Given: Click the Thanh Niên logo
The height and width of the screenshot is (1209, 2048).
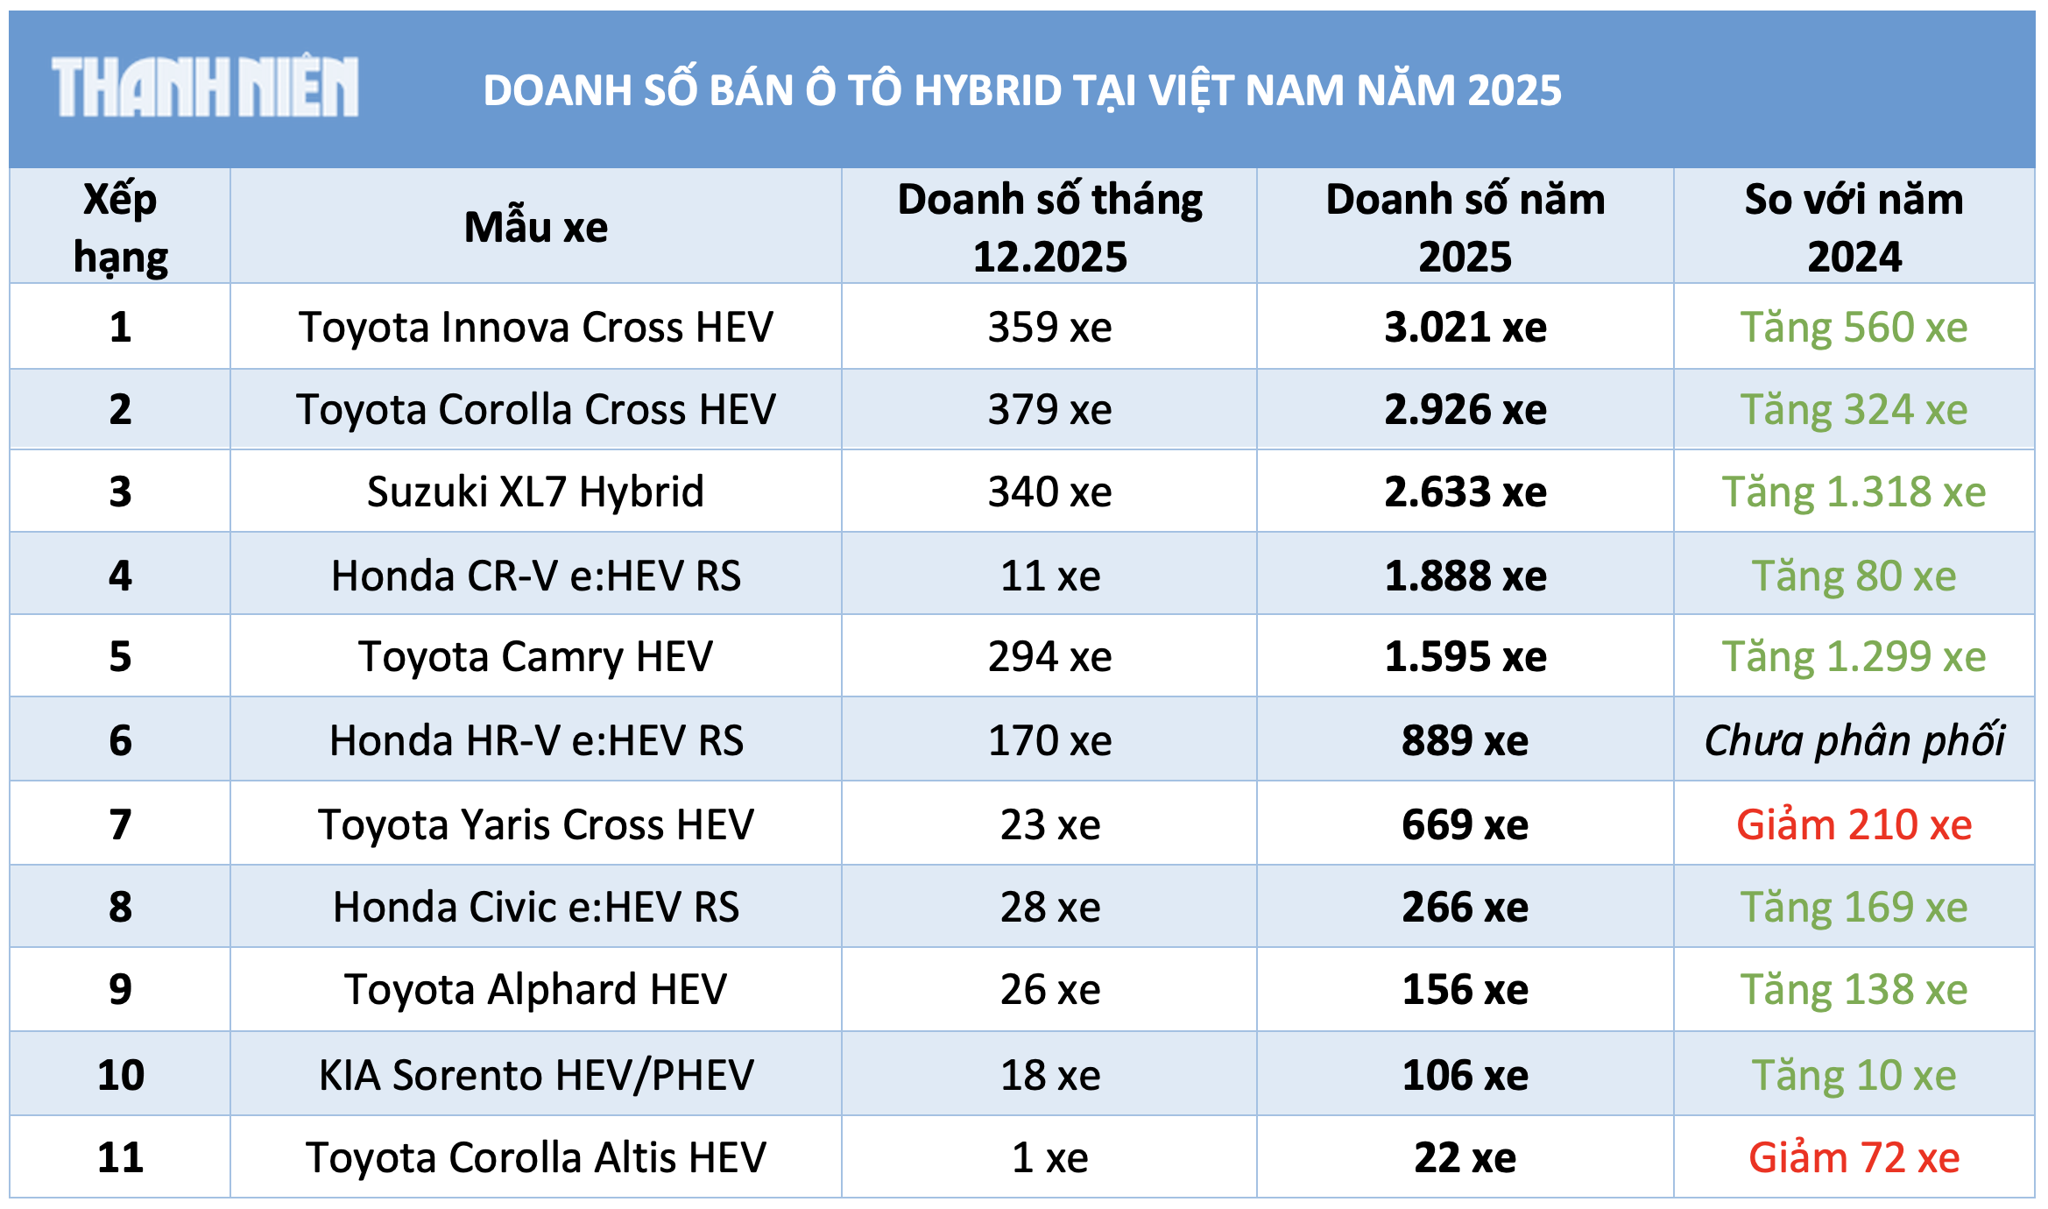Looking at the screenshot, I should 205,87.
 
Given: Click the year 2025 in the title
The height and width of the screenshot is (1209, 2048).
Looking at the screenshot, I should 1515,90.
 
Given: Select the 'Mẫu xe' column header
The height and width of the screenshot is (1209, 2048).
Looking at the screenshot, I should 535,228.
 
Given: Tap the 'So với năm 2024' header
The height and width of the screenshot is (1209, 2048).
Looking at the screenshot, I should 1854,228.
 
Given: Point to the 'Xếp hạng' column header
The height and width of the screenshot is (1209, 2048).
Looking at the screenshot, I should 120,228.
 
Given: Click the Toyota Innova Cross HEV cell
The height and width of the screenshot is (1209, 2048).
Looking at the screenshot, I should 535,328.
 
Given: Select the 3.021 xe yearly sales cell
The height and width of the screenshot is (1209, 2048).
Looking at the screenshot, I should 1465,328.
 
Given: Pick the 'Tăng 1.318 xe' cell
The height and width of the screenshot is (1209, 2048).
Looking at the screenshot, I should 1854,492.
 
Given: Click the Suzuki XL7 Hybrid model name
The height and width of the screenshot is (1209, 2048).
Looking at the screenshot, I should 535,492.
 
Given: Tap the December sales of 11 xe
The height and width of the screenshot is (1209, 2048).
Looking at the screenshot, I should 1049,576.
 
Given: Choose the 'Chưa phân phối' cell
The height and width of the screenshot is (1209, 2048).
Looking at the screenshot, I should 1854,741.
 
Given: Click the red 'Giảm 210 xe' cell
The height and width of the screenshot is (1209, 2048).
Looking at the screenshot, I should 1854,825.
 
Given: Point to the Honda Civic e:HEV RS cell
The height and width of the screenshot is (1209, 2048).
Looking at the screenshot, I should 535,908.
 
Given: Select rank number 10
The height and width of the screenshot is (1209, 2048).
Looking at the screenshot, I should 120,1076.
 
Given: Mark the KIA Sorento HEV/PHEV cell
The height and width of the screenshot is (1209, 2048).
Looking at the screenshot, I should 535,1076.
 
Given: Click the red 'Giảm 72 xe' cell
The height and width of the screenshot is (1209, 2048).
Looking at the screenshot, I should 1854,1158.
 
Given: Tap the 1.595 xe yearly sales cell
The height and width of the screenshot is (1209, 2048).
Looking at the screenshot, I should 1465,657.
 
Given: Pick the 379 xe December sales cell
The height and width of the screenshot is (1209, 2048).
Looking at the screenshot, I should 1049,410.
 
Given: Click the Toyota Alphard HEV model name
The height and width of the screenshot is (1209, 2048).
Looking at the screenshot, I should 535,990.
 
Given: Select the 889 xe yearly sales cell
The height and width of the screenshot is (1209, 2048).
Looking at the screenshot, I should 1465,741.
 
